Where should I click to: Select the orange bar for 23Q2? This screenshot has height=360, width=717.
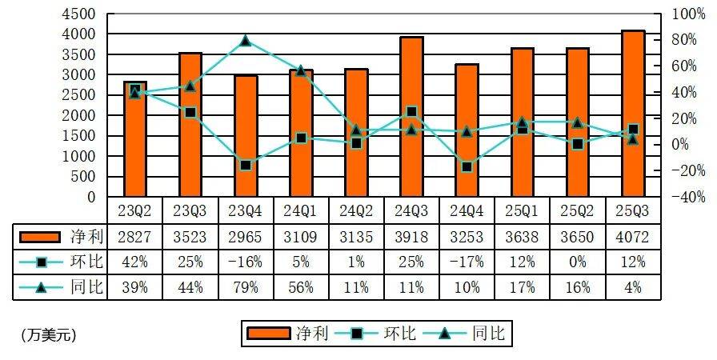pos(134,139)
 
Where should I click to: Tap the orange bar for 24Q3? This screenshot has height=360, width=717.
pos(411,117)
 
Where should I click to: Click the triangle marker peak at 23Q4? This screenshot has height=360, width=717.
pos(245,41)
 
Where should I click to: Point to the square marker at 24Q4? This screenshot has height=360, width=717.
pos(467,166)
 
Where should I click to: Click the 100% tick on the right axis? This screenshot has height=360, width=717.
pos(689,14)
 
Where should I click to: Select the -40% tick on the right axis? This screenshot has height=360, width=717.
pos(689,197)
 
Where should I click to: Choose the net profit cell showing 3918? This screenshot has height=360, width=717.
pos(411,237)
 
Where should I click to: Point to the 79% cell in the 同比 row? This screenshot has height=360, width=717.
pos(245,287)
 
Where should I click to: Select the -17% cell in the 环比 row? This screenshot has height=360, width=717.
pos(467,262)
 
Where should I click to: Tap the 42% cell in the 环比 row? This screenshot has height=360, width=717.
pos(134,262)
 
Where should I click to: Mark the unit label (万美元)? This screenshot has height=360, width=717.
pos(48,335)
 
